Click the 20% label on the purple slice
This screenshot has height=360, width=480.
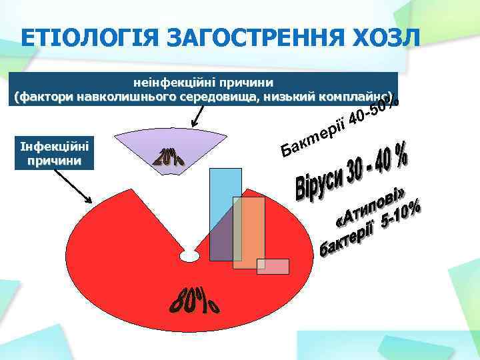click(171, 157)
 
